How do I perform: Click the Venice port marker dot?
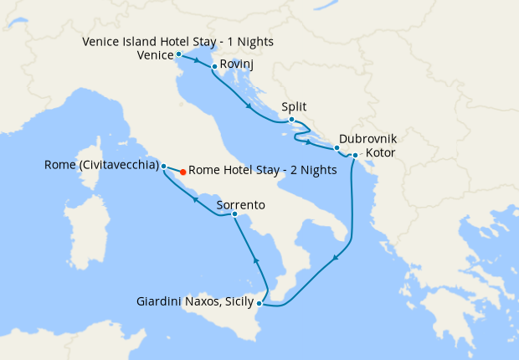(178, 54)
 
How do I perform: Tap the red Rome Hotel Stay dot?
(183, 171)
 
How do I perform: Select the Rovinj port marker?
(215, 67)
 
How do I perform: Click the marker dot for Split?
(291, 120)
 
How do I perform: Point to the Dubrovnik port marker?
(337, 148)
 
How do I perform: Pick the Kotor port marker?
(355, 156)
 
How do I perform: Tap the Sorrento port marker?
(234, 216)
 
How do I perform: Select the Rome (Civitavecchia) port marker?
(164, 166)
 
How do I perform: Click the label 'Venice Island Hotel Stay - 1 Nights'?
(178, 41)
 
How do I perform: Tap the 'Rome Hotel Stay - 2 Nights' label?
(263, 170)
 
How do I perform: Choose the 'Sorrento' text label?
(240, 203)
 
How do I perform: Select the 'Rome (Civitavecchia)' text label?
(101, 165)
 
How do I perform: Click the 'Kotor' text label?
(382, 153)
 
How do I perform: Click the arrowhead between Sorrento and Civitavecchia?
(195, 199)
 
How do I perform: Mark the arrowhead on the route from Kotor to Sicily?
(336, 259)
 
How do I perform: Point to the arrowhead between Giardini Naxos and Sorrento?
(257, 263)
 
